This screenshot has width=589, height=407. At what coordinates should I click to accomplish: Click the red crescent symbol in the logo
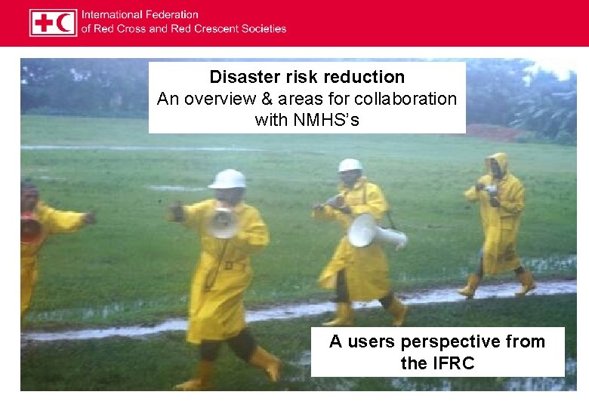coord(65,23)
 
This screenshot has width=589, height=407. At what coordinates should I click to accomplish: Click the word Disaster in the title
coord(240,77)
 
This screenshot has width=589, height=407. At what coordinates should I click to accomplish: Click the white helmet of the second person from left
coord(227,179)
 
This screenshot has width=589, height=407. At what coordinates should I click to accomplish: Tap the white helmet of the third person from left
coord(350,165)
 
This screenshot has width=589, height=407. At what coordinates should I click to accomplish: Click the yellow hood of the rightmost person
coord(498,163)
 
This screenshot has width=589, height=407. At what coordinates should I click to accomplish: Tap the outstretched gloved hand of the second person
coord(177,213)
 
